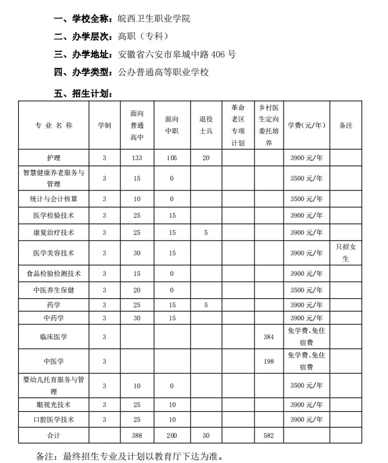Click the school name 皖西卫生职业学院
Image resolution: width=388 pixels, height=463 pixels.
(154, 18)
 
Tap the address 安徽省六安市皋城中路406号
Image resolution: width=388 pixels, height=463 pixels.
(176, 55)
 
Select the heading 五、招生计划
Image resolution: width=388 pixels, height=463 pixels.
(86, 94)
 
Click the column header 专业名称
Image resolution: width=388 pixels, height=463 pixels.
(54, 125)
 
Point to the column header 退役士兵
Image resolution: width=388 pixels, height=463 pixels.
(206, 125)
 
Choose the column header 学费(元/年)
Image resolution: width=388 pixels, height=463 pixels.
(306, 125)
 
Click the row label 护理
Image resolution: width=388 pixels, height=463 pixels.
(54, 158)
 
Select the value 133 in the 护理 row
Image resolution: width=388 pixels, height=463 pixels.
(137, 158)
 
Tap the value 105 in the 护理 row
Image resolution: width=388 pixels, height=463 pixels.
(172, 158)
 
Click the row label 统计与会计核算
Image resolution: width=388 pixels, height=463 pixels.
(54, 199)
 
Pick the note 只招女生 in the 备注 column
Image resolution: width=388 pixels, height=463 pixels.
(346, 253)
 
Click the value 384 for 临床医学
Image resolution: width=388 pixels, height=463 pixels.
(269, 337)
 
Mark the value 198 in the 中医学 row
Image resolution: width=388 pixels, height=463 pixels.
(269, 362)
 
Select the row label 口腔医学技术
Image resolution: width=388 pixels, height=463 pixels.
(54, 420)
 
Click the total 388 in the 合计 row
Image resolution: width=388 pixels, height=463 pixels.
(137, 436)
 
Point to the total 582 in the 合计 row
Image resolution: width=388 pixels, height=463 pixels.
(269, 436)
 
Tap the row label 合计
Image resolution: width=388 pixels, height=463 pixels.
(54, 436)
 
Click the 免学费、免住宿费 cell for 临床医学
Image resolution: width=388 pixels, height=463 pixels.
(306, 337)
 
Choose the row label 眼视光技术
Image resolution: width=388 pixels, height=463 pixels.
(54, 405)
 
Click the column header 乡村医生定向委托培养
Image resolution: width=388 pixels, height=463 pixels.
(269, 125)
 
